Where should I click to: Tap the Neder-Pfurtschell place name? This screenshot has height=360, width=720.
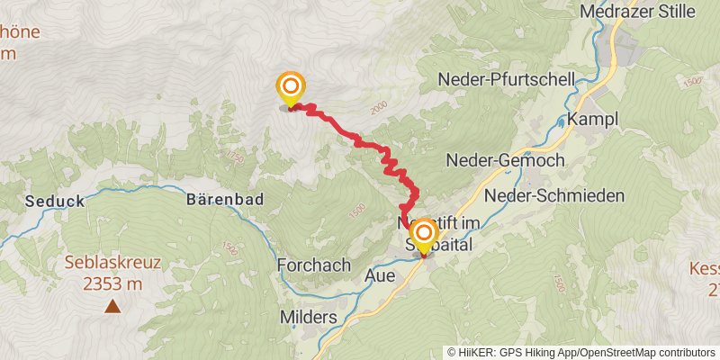pos(506,79)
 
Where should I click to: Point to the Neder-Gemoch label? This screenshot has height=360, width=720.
pos(505,160)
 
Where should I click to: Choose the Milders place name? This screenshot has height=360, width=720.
pos(308,318)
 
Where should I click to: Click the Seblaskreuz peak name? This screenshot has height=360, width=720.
pos(112,264)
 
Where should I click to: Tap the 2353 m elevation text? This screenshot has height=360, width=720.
pos(112,283)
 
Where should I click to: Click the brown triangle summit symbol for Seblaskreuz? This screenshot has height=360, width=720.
pos(112,306)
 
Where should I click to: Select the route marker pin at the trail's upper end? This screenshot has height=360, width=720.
pos(291,89)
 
